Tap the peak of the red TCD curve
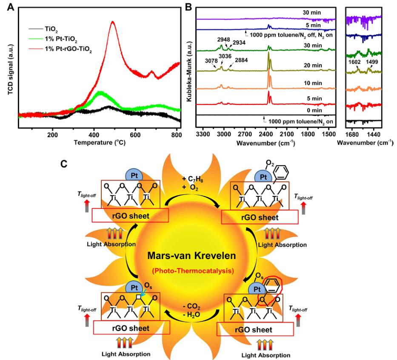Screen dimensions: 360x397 [x=113, y=22]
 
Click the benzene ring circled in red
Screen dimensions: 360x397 [x=271, y=293]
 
